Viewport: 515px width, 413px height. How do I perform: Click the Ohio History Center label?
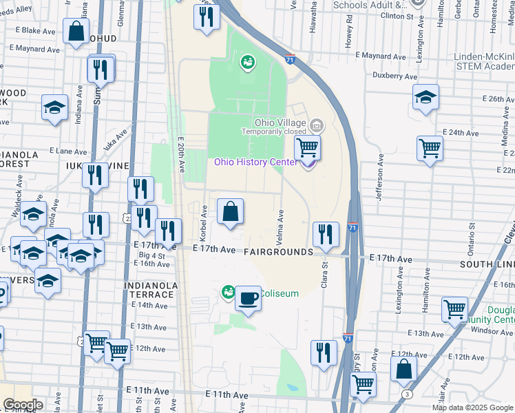(255, 162)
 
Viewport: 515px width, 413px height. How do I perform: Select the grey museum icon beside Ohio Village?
(317, 125)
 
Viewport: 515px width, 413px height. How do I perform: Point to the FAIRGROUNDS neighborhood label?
(278, 253)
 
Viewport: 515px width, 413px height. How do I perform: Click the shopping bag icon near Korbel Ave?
(231, 212)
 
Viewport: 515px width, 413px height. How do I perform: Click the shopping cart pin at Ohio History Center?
(307, 147)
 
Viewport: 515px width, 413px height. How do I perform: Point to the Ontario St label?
(472, 235)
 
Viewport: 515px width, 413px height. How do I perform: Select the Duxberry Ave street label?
(395, 76)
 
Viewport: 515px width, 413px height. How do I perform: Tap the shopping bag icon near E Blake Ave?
(76, 31)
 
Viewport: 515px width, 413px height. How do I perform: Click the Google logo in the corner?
(23, 405)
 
